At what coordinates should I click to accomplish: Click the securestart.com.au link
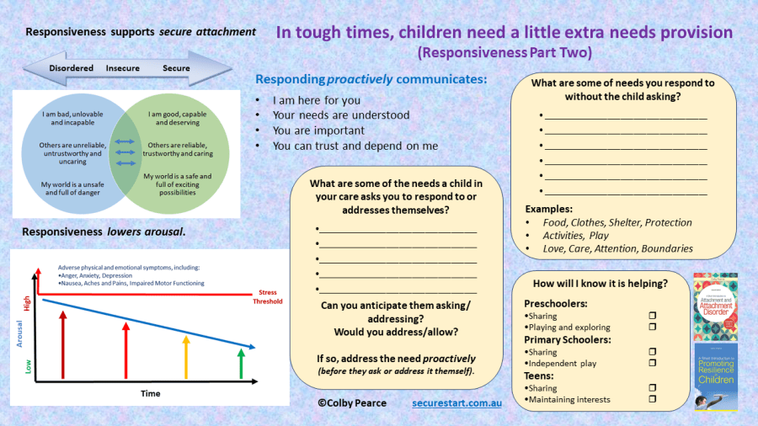[x=456, y=403]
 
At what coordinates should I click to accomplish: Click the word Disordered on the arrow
[x=70, y=68]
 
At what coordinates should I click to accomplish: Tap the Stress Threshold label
[x=268, y=296]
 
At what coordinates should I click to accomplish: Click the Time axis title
[x=150, y=393]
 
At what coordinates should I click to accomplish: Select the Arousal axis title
[x=19, y=331]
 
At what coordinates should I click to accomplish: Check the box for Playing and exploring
[x=652, y=327]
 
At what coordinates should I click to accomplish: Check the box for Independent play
[x=652, y=363]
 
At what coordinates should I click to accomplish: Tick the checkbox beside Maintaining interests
[x=652, y=399]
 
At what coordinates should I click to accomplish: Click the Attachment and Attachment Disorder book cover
[x=714, y=306]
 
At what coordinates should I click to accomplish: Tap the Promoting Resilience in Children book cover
[x=714, y=377]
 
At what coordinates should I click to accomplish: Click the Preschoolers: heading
[x=557, y=303]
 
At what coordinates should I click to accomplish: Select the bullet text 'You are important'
[x=318, y=130]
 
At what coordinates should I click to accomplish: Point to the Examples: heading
[x=548, y=209]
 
